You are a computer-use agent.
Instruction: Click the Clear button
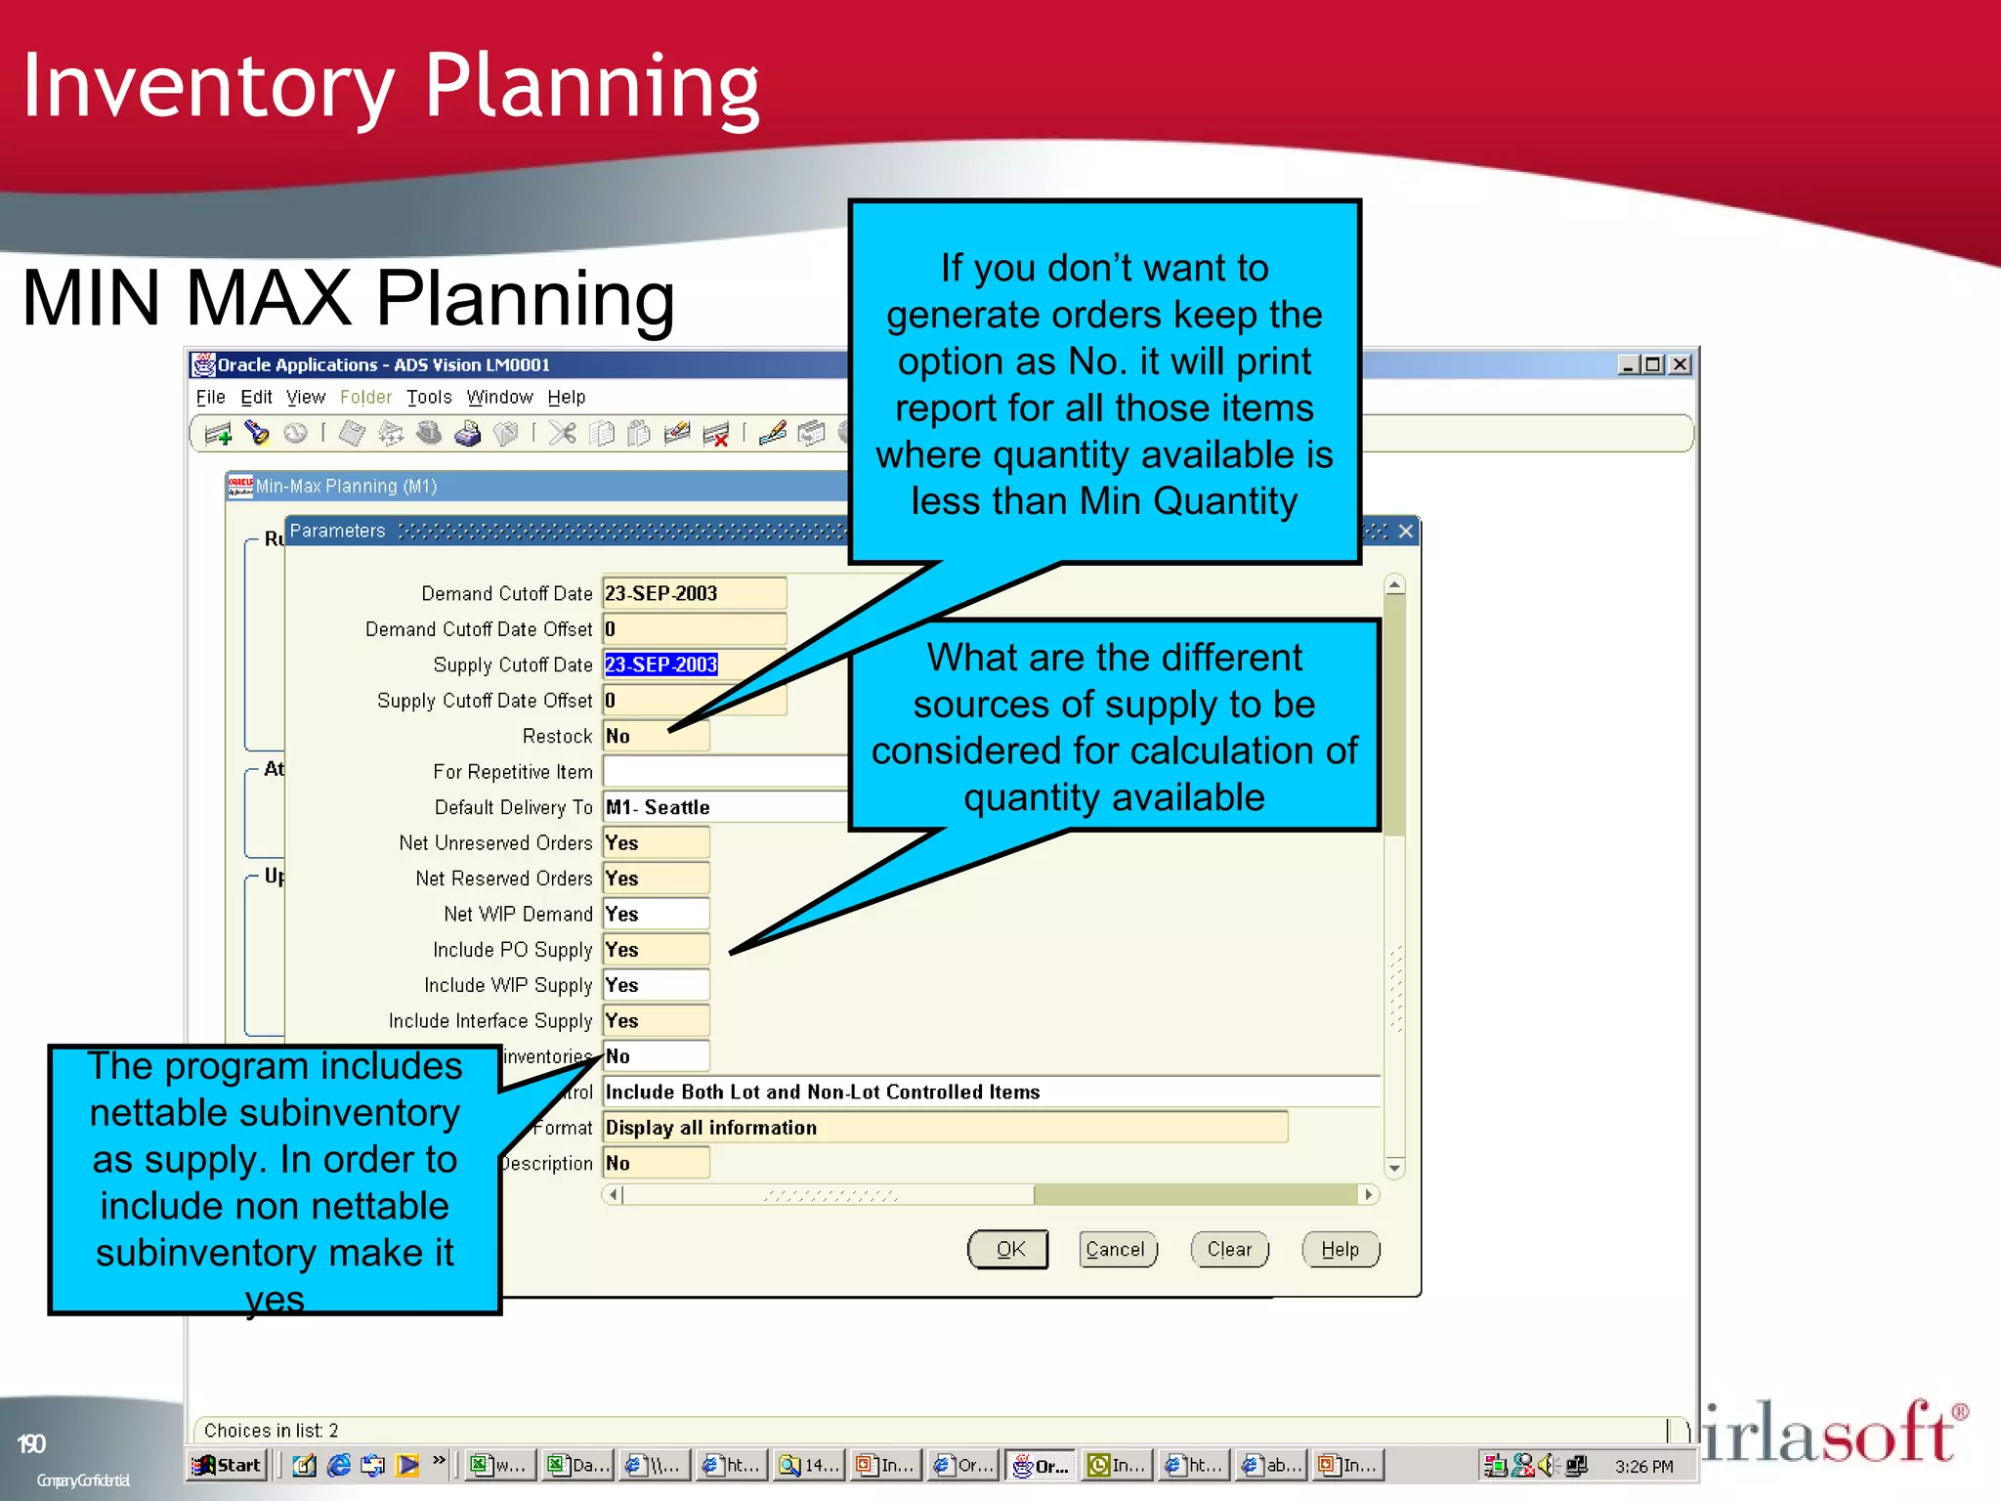1229,1249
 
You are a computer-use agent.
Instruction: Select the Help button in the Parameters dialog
1340,1249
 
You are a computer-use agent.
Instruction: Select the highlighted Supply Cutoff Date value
661,665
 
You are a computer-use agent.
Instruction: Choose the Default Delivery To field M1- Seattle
723,807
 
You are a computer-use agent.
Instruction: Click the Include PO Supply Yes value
655,950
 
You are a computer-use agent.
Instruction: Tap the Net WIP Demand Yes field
655,914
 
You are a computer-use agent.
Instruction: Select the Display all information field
943,1127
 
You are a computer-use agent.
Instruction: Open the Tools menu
429,397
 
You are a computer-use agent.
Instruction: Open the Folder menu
365,397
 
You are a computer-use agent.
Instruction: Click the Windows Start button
229,1465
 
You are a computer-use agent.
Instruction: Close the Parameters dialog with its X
1406,531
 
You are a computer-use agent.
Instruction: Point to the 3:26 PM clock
1643,1466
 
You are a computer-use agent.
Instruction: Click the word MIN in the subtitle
90,298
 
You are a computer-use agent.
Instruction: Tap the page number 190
31,1444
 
